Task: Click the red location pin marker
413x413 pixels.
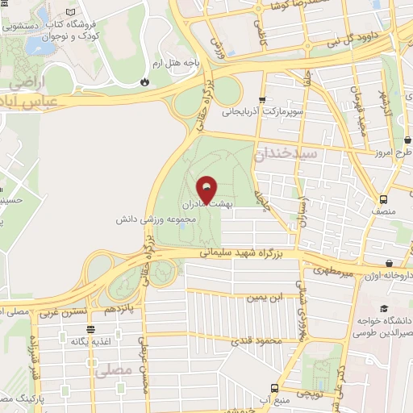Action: [x=206, y=189]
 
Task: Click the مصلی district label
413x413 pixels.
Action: [x=111, y=372]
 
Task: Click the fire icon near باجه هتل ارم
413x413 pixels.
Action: [x=144, y=81]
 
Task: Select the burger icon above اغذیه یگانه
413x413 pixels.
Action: [x=95, y=329]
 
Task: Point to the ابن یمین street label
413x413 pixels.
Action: [x=266, y=298]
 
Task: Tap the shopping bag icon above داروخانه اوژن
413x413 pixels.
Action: [x=390, y=263]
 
